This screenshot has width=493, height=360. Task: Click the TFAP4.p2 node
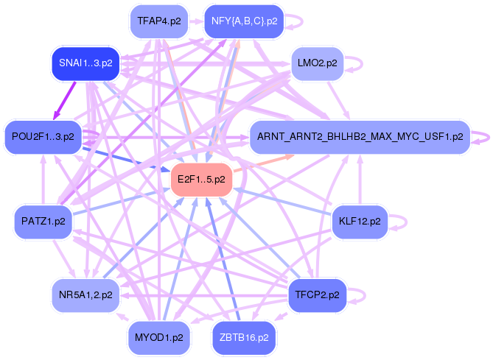[x=158, y=21]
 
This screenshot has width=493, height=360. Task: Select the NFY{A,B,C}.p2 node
[x=244, y=21]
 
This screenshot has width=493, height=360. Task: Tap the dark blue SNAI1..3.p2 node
[x=86, y=63]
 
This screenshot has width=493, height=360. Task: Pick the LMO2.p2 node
[x=317, y=63]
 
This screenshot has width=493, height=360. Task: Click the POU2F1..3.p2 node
[x=43, y=136]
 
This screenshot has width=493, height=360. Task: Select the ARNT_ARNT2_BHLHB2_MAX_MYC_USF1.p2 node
[x=360, y=136]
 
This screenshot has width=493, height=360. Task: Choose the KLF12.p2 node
[x=360, y=221]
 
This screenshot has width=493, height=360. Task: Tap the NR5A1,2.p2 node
[x=86, y=295]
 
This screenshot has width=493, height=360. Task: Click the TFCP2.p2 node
[x=317, y=295]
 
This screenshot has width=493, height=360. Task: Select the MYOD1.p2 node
[x=158, y=337]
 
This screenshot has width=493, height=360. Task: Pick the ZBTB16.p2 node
[x=244, y=337]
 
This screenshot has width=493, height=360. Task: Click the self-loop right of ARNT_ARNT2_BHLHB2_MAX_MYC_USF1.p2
[x=482, y=136]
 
